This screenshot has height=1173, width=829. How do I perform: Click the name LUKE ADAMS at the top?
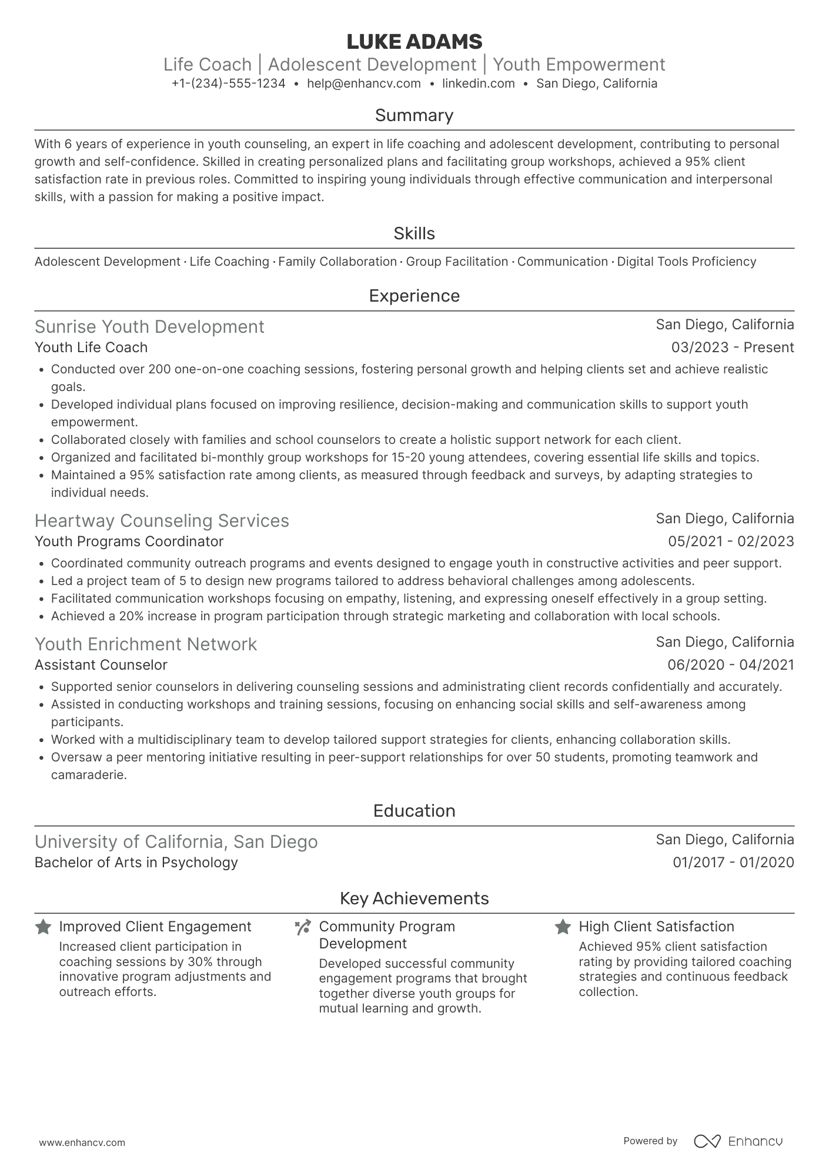click(x=414, y=42)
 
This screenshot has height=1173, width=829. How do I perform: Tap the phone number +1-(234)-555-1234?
click(x=229, y=83)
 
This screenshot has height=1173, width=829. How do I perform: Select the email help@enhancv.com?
click(x=364, y=83)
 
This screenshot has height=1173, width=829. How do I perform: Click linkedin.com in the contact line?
click(x=478, y=83)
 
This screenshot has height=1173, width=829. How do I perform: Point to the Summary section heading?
click(x=414, y=115)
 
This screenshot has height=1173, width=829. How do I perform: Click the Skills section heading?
click(x=414, y=233)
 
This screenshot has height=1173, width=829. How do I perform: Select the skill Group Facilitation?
click(x=457, y=262)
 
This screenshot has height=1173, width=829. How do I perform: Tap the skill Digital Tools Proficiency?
click(x=686, y=262)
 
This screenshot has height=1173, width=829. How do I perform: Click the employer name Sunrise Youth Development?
click(x=149, y=327)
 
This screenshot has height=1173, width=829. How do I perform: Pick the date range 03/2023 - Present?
click(x=732, y=347)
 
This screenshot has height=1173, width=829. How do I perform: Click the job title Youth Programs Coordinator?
click(x=129, y=542)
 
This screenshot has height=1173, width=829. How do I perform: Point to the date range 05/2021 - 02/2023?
click(x=730, y=542)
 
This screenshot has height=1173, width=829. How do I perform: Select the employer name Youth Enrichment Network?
click(x=146, y=644)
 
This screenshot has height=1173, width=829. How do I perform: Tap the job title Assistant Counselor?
click(x=101, y=665)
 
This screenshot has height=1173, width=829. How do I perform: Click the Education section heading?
click(x=414, y=811)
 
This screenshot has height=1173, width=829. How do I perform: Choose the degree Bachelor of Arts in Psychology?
click(x=136, y=863)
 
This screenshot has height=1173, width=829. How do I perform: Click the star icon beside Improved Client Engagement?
click(x=43, y=927)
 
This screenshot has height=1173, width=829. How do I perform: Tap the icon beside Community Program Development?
click(x=303, y=928)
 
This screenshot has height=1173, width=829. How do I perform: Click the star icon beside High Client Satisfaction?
click(x=563, y=927)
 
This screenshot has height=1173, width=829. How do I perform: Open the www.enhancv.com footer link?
click(x=82, y=1143)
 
